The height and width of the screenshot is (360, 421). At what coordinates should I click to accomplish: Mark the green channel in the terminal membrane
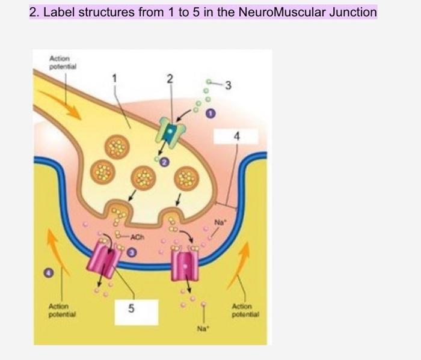[170, 133]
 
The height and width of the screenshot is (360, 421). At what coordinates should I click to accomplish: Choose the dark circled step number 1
[211, 112]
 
